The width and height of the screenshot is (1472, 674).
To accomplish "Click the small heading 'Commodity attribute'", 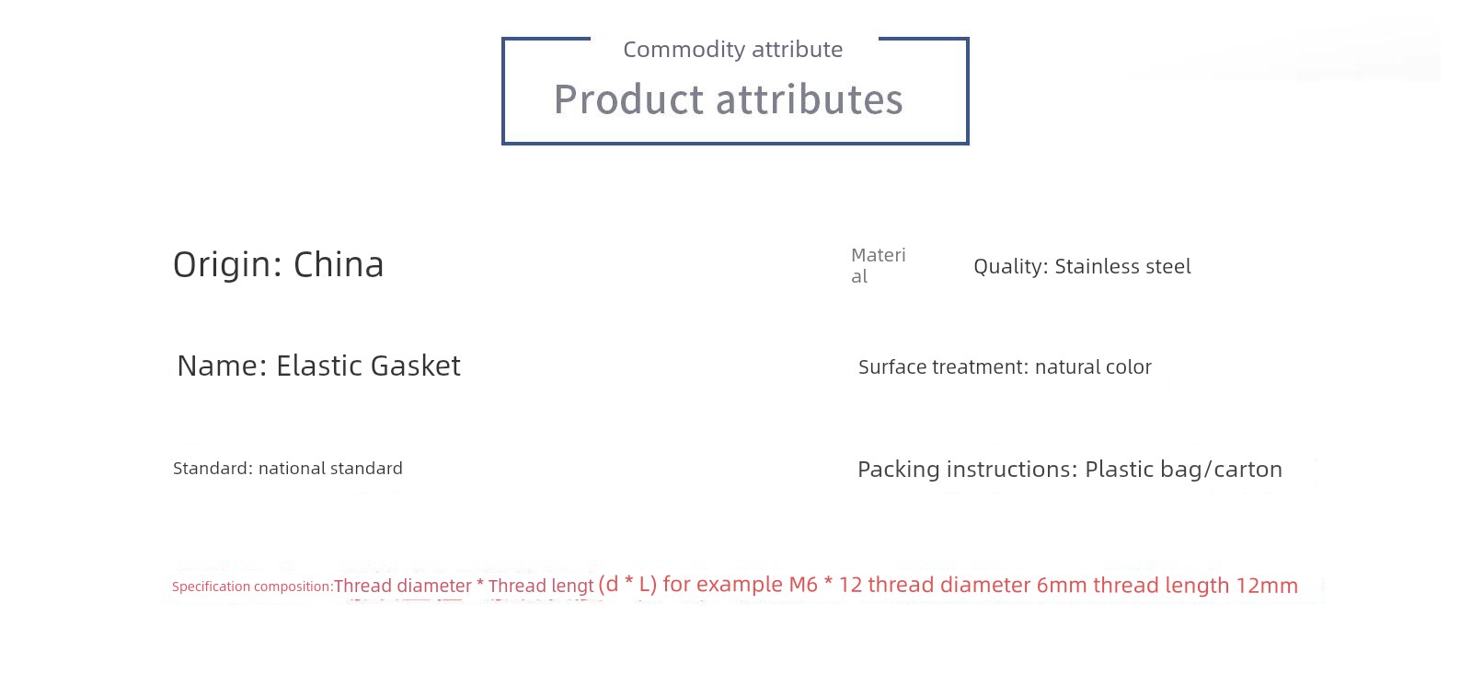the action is tap(732, 50).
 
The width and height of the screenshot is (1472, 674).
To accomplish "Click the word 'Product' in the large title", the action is tap(629, 100).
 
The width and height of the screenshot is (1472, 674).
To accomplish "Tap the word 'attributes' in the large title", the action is tap(810, 100).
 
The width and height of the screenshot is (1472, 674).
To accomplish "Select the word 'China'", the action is tap(339, 264).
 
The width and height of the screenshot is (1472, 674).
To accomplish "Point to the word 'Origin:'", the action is tap(227, 266).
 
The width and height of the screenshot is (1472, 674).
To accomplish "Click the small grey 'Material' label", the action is tap(879, 266).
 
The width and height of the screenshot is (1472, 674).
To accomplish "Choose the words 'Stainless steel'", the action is tap(1122, 266).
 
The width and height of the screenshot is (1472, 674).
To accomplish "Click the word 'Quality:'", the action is tap(1011, 267).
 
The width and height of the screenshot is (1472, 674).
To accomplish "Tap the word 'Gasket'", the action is tap(415, 366).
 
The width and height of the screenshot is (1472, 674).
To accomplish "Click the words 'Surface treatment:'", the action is tap(943, 366).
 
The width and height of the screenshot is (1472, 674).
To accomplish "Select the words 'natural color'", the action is tap(1094, 366).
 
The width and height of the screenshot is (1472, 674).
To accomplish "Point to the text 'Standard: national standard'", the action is tap(288, 468).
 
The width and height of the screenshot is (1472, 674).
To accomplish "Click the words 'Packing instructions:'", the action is tap(967, 470).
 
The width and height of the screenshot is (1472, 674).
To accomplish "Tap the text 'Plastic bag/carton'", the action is tap(1183, 470).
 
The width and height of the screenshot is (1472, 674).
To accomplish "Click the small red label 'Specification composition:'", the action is tap(253, 587).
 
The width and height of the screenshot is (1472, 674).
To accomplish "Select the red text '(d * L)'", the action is tap(627, 584).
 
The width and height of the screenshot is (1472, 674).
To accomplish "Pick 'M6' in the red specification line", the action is tap(803, 585).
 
